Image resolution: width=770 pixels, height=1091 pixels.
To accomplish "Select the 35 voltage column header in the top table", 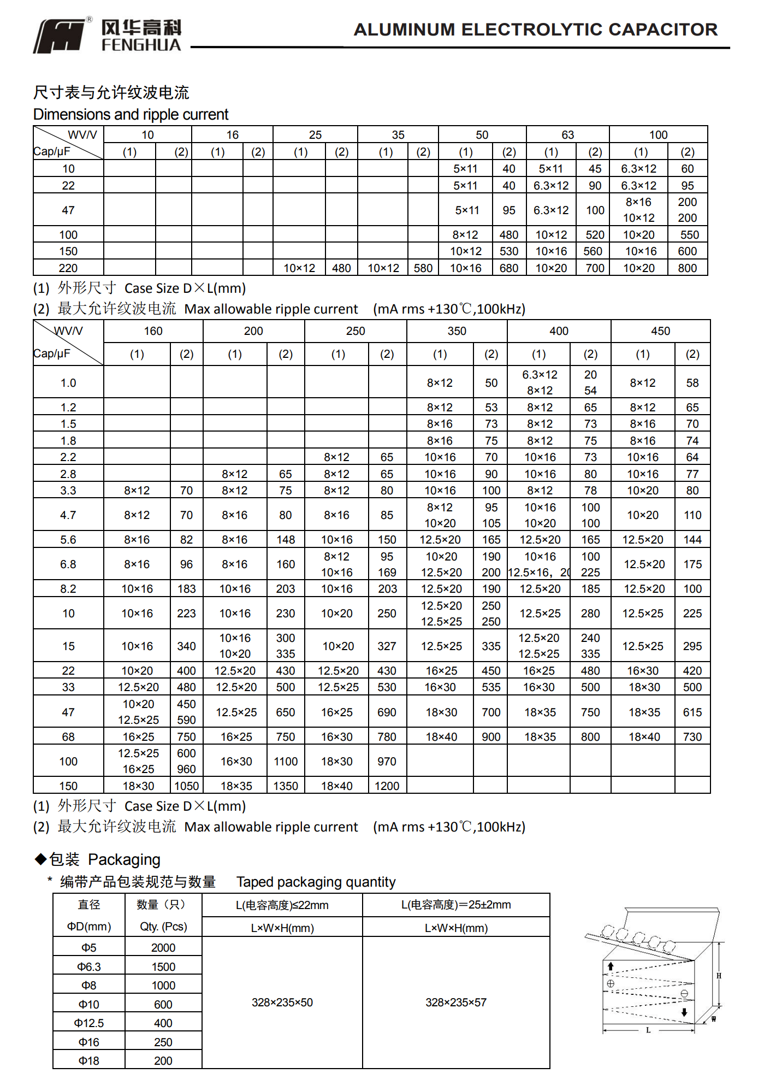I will pos(398,135).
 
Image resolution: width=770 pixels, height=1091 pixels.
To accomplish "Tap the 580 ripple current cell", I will pos(423,268).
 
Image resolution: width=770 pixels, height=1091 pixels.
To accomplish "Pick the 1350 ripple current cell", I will pos(286,786).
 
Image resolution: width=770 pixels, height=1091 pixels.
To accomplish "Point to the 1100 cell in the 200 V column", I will pos(286,762).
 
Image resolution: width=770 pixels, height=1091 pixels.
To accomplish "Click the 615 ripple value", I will pos(692,712).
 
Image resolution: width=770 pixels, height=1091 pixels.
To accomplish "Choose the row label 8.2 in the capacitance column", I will pos(68,589).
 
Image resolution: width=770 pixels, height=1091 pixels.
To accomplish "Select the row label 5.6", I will pos(68,540).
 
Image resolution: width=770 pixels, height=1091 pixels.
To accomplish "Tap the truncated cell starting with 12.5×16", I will pos(539,573).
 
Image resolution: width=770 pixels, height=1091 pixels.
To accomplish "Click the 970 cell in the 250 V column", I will pos(387,762).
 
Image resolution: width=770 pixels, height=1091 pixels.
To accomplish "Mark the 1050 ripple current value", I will pos(186,786).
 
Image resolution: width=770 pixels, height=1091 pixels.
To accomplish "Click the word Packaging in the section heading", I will pos(124,860).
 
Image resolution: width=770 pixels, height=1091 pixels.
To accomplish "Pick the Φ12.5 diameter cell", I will pos(89,1023).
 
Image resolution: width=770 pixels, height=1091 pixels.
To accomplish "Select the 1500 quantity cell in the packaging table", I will pos(163,967).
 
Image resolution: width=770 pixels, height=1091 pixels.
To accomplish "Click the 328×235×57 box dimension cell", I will pos(456,1002).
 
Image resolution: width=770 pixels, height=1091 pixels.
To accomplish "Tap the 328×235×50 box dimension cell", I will pos(282,1002).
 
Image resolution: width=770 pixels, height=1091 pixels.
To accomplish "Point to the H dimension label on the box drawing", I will pos(719,976).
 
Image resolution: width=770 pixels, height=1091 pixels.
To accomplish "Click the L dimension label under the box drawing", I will pos(648,1030).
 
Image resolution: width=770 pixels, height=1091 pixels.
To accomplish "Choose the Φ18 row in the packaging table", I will pos(89,1061).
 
